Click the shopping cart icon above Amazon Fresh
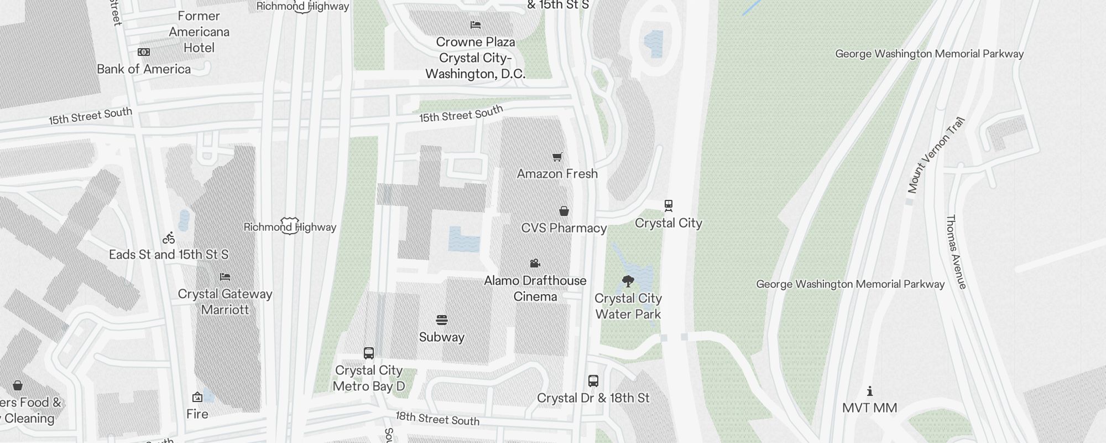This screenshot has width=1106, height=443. [x=557, y=157]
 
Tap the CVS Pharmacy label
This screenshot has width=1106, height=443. [x=564, y=228]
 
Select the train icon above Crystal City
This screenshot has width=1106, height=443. [x=669, y=206]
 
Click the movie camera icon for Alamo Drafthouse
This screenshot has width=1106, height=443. [x=535, y=264]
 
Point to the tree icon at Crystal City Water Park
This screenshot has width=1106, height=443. [x=628, y=281]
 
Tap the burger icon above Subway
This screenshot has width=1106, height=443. [x=441, y=320]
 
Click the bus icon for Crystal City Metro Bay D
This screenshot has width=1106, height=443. [x=369, y=353]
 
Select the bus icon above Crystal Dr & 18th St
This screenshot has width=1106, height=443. [x=593, y=381]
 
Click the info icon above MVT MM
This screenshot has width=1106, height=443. [x=870, y=392]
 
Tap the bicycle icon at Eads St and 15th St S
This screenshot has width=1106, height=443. [x=169, y=238]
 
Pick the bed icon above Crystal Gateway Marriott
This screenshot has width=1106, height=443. [x=225, y=277]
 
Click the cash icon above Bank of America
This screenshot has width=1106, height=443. [x=144, y=52]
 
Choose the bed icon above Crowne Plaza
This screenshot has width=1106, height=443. [x=476, y=25]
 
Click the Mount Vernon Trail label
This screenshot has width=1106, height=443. [x=936, y=155]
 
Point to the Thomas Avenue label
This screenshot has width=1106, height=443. [x=956, y=252]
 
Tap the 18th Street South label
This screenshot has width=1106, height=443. [x=437, y=419]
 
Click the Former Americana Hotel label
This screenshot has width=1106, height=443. [x=199, y=32]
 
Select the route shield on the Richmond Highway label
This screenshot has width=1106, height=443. [x=289, y=225]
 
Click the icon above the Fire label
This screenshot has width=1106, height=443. [x=197, y=397]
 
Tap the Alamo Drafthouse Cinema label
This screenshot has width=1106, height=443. [x=535, y=289]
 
